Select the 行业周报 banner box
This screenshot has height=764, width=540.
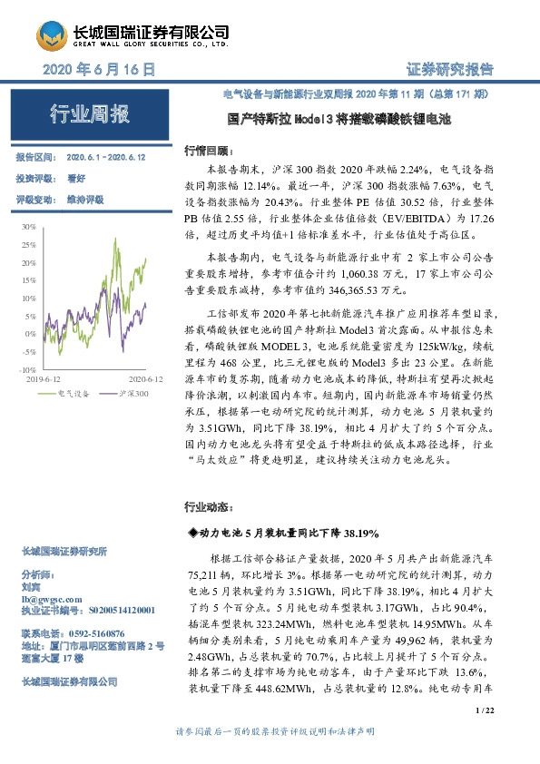(89, 114)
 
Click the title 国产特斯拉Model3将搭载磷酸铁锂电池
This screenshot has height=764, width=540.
(339, 119)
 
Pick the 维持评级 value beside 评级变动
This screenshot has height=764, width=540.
(83, 198)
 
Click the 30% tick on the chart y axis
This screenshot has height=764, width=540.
(29, 226)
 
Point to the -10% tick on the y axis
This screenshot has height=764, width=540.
(27, 370)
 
